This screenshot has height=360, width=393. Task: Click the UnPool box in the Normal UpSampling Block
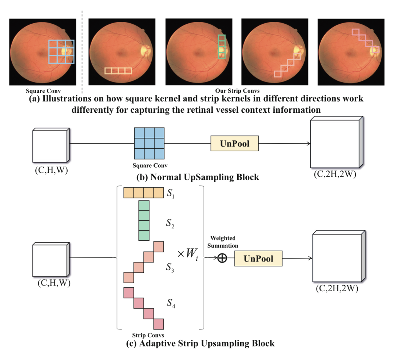[x=234, y=144]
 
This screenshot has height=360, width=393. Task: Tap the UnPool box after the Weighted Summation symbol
[x=258, y=258]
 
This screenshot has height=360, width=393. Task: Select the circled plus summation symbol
[x=222, y=258]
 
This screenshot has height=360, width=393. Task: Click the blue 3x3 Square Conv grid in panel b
[x=149, y=143]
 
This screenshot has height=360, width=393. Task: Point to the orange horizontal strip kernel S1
[x=144, y=193]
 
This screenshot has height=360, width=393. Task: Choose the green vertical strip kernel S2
[x=144, y=220]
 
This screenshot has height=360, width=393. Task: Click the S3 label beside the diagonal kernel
[x=170, y=267]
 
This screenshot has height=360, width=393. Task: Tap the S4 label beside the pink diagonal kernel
[x=171, y=303]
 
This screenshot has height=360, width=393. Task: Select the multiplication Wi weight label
[x=188, y=254]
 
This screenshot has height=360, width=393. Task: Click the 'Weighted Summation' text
[x=223, y=242]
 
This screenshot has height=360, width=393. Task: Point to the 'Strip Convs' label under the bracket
[x=148, y=335]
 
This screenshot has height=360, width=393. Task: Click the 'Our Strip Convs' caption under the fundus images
[x=237, y=91]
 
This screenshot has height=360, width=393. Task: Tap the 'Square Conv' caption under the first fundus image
[x=43, y=91]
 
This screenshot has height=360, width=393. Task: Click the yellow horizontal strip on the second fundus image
[x=118, y=71]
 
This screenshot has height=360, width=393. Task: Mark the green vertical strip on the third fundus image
[x=222, y=47]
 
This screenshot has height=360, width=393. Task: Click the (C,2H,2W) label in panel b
[x=335, y=174]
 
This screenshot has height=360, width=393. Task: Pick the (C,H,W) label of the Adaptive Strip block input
[x=54, y=283]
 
